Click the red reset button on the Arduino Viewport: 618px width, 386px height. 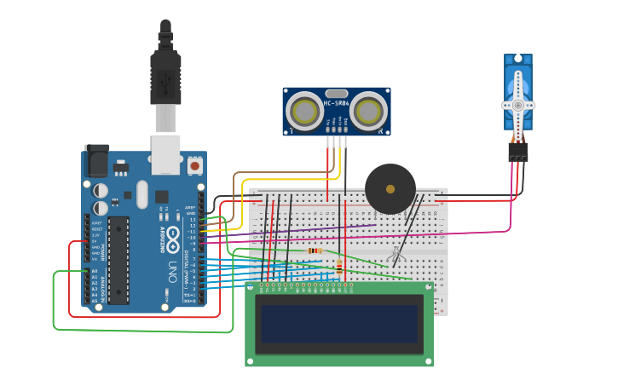[195, 165]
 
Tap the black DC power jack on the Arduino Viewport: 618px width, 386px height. [96, 159]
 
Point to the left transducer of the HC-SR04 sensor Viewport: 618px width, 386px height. [303, 111]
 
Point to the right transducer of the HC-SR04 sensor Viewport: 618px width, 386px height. [368, 111]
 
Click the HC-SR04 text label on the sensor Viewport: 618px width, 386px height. [336, 103]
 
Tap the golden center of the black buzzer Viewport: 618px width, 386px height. [390, 189]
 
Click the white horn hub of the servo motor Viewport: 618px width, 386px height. [517, 104]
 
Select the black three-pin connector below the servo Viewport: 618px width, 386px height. [517, 152]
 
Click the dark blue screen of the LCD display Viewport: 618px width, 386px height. [339, 324]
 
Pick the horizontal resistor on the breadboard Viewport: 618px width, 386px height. [315, 251]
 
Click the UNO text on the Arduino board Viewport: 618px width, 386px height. [173, 272]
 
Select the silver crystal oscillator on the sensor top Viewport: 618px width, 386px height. [336, 94]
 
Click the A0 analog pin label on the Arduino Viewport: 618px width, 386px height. [95, 271]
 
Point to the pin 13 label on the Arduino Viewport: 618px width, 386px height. [193, 220]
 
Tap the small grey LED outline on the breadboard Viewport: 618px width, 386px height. [395, 255]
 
